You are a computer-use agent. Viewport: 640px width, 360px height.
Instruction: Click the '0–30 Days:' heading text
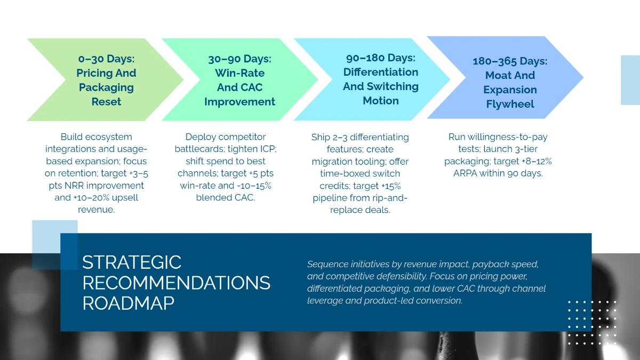coord(106,59)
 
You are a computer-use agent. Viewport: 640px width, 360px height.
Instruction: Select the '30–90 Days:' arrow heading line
coord(239,59)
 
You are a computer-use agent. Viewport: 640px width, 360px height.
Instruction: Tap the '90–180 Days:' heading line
coord(381,58)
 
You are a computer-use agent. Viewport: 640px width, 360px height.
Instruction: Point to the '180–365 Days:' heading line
coord(510,61)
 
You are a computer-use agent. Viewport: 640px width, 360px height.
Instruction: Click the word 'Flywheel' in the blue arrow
coord(510,104)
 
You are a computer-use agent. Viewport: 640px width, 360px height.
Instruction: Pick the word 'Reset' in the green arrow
coord(106,101)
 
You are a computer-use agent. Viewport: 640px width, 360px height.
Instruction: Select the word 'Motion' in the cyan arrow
coord(381,100)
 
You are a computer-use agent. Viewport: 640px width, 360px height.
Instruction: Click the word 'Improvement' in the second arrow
coord(239,101)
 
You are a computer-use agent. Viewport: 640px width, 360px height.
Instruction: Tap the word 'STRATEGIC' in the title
coord(132,262)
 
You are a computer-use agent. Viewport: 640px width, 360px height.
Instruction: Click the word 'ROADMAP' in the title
coord(128,303)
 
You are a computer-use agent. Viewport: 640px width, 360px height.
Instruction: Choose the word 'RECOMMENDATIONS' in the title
coord(176,283)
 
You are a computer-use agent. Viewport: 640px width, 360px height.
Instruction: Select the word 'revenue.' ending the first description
coord(96,210)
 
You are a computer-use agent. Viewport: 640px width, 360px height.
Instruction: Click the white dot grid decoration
coord(592,323)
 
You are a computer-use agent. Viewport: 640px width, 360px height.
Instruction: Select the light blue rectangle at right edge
coord(630,80)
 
